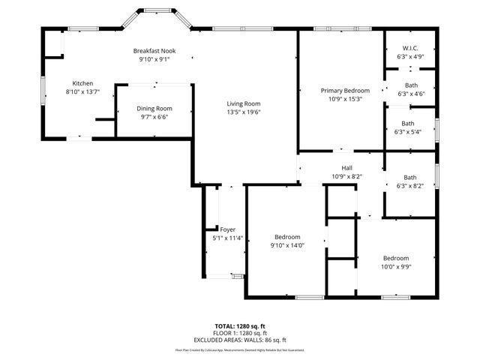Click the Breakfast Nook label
point(154,50)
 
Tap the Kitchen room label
point(82,83)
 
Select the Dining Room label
point(154,109)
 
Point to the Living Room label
point(244,103)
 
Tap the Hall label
point(346,168)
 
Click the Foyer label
point(227,229)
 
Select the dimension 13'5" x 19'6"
point(244,112)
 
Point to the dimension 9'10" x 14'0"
point(286,244)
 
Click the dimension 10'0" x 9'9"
point(396,265)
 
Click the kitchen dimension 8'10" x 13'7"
point(82,91)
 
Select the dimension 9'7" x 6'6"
point(154,117)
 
